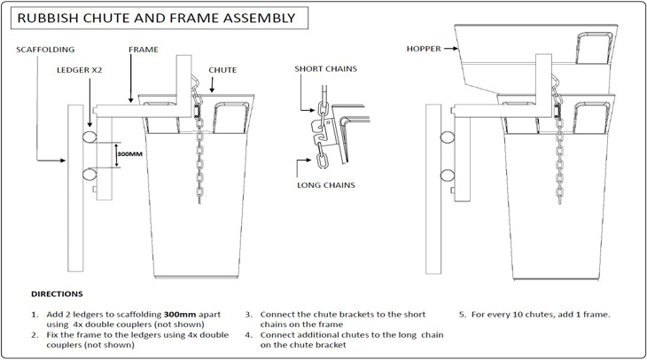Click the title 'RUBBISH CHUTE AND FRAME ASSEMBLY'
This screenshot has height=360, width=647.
tap(157, 17)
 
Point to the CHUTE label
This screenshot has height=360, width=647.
tap(222, 68)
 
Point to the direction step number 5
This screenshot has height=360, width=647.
tap(462, 315)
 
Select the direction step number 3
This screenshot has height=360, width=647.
tap(249, 315)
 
